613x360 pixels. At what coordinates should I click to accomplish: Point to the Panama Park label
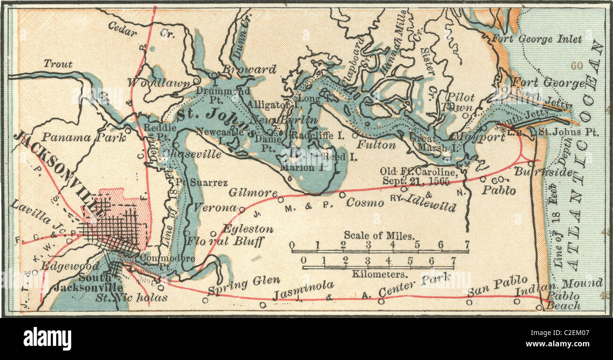(x=83, y=137)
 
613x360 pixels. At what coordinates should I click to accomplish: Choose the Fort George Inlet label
(x=537, y=39)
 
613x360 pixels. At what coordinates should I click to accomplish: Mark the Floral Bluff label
(x=225, y=241)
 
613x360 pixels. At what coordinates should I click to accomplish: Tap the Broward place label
(x=249, y=69)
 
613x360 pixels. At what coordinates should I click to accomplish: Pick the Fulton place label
(x=376, y=145)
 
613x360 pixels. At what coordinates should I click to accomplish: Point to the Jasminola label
(x=303, y=289)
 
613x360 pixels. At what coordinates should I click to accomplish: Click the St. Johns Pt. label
(x=569, y=132)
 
